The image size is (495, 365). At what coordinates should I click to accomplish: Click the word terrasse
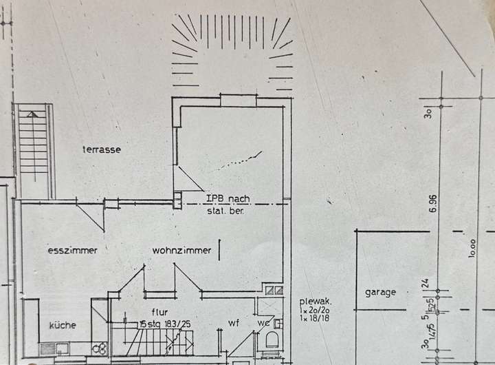[102, 149]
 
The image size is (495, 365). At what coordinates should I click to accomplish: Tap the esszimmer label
[72, 251]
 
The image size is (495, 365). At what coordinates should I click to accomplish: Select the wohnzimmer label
[181, 251]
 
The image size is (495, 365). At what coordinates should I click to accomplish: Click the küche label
[63, 325]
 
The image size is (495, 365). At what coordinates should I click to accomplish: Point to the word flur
[159, 312]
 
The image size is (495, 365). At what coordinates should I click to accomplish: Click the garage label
[380, 292]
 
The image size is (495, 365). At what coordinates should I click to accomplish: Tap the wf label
[233, 322]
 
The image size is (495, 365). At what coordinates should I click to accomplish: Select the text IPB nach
[229, 198]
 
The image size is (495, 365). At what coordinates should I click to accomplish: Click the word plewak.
[316, 301]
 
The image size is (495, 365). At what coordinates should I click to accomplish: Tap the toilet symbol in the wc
[271, 340]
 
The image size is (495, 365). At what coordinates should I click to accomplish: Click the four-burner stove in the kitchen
[100, 348]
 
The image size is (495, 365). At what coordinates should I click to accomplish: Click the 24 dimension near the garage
[425, 282]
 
